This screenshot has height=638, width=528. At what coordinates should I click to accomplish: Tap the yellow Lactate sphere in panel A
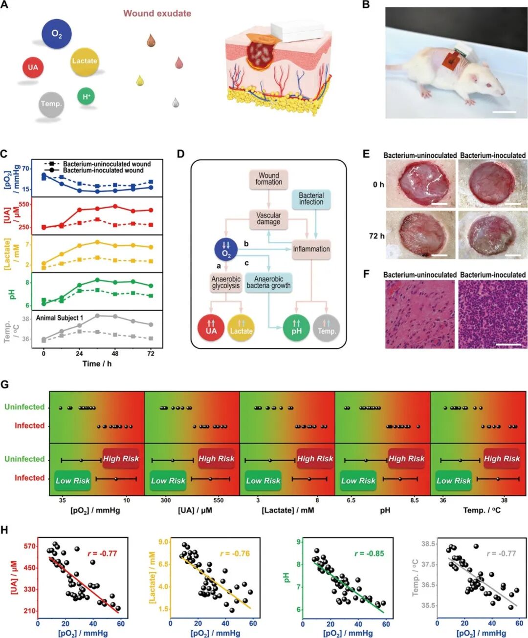(x=85, y=61)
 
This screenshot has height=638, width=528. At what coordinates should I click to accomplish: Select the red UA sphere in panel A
(x=33, y=67)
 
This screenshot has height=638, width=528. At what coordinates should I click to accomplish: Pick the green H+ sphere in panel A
(x=86, y=96)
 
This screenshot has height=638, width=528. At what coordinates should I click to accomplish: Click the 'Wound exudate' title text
(x=157, y=13)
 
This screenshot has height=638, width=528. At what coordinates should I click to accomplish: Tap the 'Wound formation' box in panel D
(x=268, y=179)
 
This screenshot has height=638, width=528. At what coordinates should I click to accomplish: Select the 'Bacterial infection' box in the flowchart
(x=311, y=198)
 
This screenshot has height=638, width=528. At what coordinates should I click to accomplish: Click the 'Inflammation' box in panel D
(x=311, y=249)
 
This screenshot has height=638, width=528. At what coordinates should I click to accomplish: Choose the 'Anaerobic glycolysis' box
(x=226, y=282)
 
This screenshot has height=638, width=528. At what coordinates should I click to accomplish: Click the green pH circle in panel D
(x=296, y=328)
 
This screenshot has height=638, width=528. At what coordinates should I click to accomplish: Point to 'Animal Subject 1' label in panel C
(x=60, y=318)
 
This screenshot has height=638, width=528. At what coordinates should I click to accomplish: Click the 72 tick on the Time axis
(x=151, y=354)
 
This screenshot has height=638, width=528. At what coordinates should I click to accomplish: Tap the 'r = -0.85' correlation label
(x=369, y=553)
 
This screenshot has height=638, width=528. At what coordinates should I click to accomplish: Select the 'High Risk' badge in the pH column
(x=406, y=459)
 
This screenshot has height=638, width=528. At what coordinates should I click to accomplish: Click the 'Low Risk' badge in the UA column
(x=168, y=481)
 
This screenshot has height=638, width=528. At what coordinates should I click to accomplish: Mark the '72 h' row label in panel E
(x=376, y=236)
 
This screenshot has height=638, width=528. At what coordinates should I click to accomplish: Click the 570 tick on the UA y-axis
(x=30, y=546)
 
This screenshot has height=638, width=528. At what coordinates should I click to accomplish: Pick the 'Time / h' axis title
(x=97, y=364)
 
